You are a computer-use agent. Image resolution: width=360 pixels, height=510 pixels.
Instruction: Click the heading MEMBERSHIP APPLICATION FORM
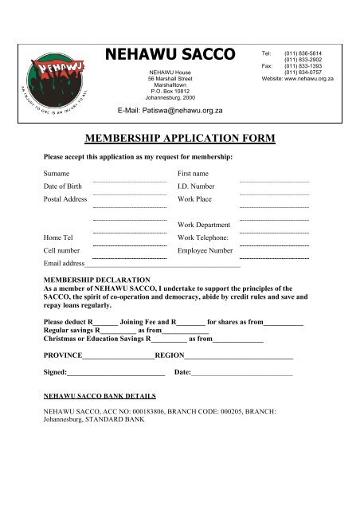179,139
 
